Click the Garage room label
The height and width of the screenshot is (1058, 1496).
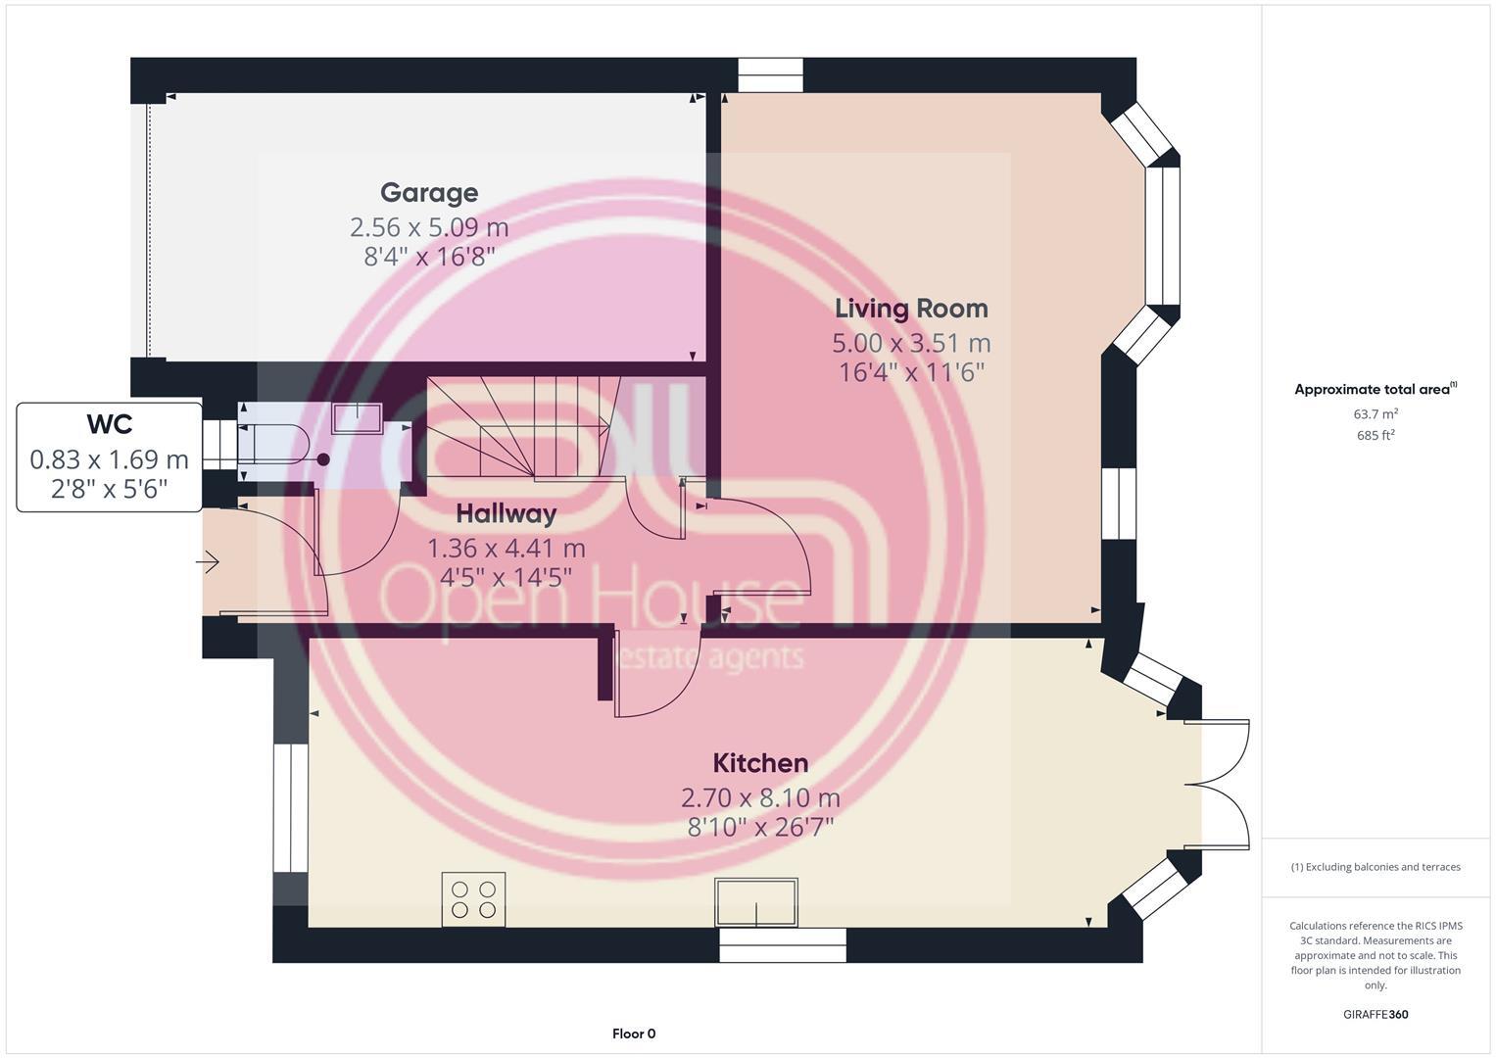coord(429,193)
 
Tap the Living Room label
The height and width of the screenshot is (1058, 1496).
coord(911,309)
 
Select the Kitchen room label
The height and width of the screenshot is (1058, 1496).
coord(760,763)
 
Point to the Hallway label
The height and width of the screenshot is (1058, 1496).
coord(506,513)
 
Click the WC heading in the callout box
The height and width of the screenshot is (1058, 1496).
coord(109,425)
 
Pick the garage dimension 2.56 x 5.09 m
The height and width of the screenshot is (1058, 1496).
coord(429,227)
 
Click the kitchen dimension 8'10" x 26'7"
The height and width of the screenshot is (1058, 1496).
coord(760,827)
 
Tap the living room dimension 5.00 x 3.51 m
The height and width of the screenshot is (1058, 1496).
coord(911,344)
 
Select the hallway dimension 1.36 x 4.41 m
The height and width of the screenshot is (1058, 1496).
coord(506,549)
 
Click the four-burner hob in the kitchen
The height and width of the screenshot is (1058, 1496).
coord(473,899)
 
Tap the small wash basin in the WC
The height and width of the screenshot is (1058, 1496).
coord(359,418)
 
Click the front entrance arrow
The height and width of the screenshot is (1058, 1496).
coord(208,562)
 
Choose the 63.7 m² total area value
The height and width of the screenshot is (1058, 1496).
coord(1375,414)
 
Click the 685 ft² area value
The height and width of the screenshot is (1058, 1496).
coord(1375,436)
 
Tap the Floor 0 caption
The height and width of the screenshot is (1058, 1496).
coord(634,1034)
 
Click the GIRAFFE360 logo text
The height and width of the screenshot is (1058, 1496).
coord(1375,1015)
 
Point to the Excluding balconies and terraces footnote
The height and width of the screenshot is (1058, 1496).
coord(1375,867)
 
